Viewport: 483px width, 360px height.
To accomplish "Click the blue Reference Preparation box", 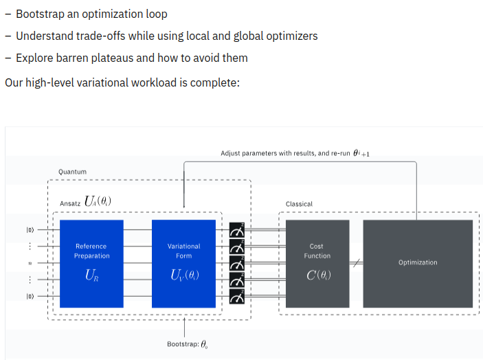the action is (91, 264).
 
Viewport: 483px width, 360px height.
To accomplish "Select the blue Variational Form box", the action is (183, 264).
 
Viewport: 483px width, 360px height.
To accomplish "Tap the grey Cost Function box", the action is (317, 264).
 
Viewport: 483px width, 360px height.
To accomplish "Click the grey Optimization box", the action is (418, 264).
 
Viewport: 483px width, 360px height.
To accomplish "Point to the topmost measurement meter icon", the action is (237, 229).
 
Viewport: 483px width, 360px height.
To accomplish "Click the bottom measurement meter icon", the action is (237, 296).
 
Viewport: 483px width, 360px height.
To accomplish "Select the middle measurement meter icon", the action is (237, 263).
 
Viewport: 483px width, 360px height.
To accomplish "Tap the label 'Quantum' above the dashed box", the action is (72, 172).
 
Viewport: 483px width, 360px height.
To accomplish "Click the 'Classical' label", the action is (299, 204).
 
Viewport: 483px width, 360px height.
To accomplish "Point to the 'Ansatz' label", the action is (70, 203).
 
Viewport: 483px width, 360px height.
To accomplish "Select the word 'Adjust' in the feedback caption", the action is (230, 153).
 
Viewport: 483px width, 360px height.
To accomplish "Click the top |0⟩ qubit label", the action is (30, 229).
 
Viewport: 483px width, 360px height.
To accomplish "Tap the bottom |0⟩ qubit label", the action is (30, 296).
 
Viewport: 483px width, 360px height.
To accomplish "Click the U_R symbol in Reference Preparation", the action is (92, 275).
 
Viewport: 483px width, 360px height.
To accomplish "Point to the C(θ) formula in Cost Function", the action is (319, 275).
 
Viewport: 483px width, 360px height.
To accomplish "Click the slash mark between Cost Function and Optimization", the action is (357, 263).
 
